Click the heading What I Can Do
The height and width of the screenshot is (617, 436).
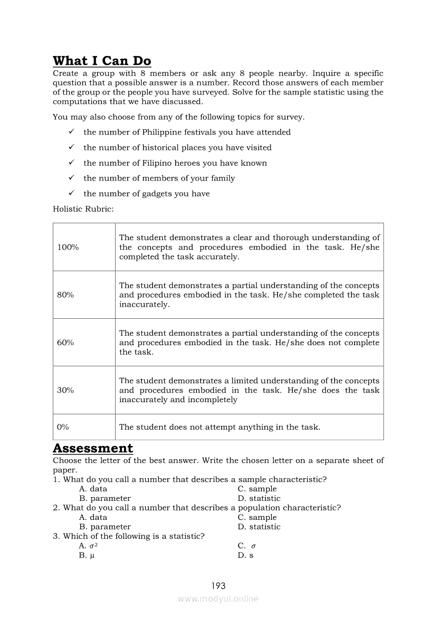tap(102, 61)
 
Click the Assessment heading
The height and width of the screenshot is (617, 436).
tap(93, 448)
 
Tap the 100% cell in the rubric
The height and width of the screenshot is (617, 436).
tap(68, 247)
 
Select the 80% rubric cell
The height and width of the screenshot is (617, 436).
tap(65, 295)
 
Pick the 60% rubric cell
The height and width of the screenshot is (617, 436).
tap(65, 342)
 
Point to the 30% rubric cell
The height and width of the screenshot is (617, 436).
tap(65, 390)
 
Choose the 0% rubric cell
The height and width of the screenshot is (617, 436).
tap(63, 427)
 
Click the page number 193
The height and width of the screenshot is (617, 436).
tap(218, 585)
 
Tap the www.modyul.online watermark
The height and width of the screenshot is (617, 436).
tap(218, 599)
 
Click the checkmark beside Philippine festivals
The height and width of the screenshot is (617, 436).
tap(71, 132)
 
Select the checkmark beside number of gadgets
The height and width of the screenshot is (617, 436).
tap(71, 193)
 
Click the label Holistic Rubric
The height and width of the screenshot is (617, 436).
tap(83, 208)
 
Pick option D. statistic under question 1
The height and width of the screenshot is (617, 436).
tap(259, 498)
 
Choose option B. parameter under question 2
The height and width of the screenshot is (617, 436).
tap(105, 527)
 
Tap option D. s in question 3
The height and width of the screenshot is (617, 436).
tap(245, 555)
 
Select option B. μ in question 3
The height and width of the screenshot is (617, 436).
tap(87, 555)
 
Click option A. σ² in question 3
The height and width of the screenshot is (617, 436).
tap(88, 546)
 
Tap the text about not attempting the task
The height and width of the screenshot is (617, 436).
tap(220, 427)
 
